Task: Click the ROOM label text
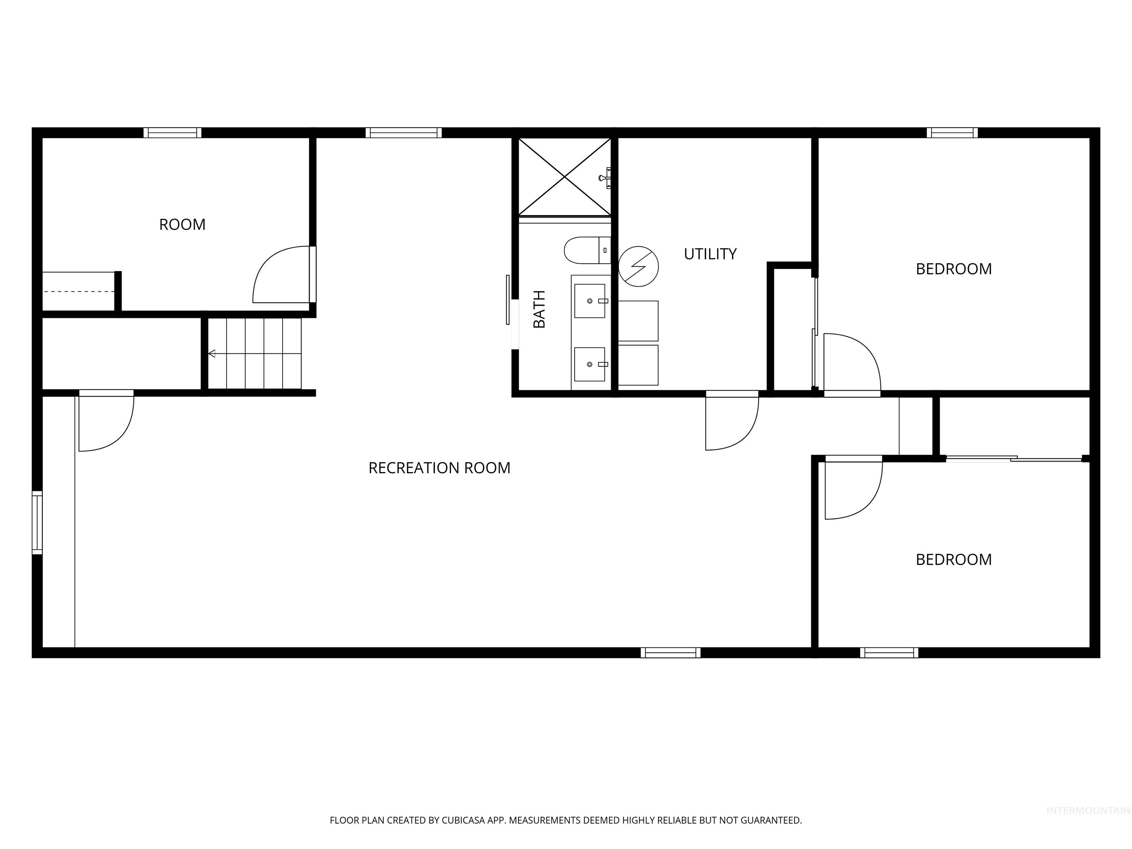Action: (x=182, y=225)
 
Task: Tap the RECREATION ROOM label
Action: (x=439, y=468)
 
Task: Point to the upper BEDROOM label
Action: (x=953, y=269)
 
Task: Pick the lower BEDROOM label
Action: (x=953, y=559)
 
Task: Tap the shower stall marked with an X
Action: (x=565, y=177)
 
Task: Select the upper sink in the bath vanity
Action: (x=590, y=301)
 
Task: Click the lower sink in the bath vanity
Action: (x=590, y=364)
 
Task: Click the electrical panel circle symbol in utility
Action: (x=638, y=266)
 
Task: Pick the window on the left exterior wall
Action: (x=37, y=522)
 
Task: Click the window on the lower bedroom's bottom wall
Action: (x=889, y=653)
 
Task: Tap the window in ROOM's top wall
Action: (x=172, y=133)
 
